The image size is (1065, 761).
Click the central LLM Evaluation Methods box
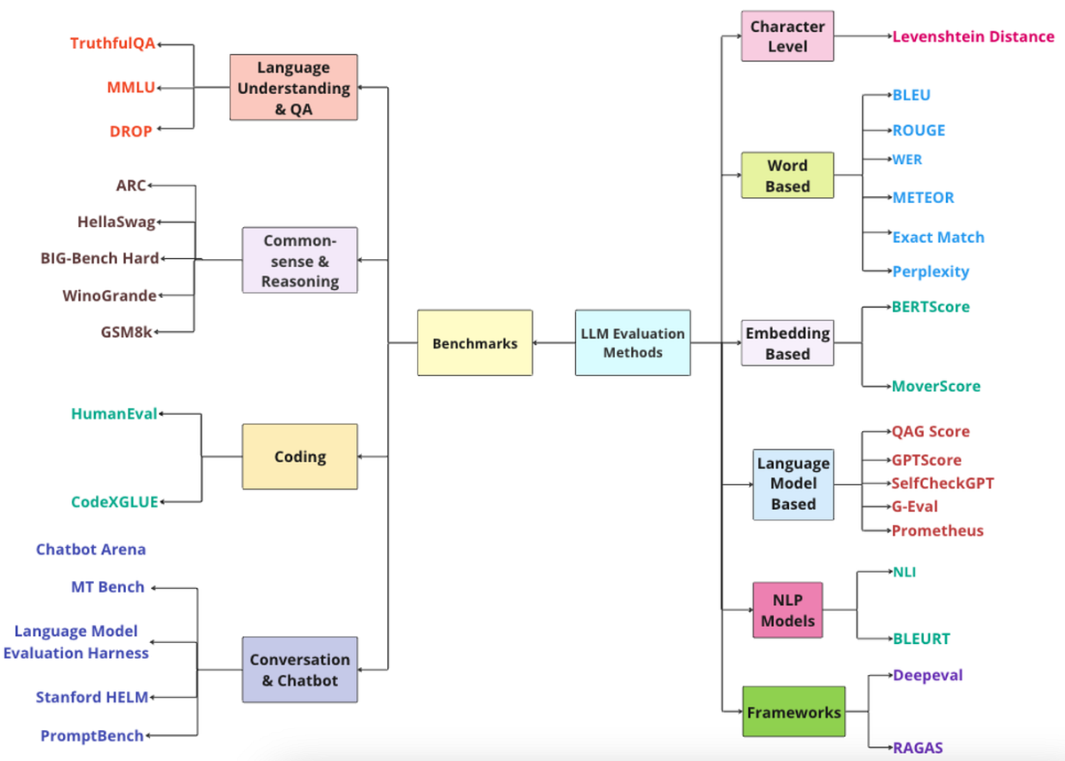[633, 342]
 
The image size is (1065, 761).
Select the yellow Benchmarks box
[475, 342]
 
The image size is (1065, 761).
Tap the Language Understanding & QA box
[293, 88]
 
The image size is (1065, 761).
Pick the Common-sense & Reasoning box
[300, 260]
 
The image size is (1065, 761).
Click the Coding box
[300, 457]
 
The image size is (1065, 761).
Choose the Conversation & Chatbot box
[300, 670]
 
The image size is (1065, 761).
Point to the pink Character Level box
[787, 36]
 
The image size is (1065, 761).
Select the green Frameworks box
[793, 711]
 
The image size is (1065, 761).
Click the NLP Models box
[787, 610]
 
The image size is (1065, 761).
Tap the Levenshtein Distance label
[973, 36]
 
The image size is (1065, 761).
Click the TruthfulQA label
[113, 43]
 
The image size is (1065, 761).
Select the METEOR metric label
[923, 198]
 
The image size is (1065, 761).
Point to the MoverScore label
[935, 386]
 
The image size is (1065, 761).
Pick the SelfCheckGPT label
[943, 483]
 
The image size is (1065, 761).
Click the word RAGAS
[918, 748]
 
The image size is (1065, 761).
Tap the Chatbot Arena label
[91, 549]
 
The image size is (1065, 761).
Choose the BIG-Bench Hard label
[99, 258]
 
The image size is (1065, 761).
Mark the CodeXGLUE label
[114, 502]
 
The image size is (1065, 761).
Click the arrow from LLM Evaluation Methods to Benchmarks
[554, 342]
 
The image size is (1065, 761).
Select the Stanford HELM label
[91, 697]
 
